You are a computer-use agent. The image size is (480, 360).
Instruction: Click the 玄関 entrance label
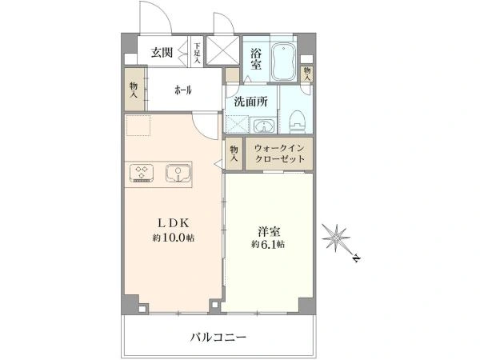[x=163, y=54]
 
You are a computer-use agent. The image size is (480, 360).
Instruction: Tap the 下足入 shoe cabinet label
[x=197, y=52]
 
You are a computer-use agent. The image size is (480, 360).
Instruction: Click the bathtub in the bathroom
[x=285, y=62]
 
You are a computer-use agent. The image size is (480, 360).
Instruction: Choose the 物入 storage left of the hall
[x=134, y=90]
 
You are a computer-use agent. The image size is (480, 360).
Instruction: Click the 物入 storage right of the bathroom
[x=307, y=73]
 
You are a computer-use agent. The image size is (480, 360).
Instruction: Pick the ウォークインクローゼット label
[x=280, y=153]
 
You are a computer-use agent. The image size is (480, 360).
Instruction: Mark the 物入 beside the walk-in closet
[x=234, y=153]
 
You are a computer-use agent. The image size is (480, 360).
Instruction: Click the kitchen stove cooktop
[x=142, y=172]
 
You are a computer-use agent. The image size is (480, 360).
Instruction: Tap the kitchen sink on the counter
[x=178, y=172]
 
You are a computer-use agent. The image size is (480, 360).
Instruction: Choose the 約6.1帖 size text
[x=266, y=243]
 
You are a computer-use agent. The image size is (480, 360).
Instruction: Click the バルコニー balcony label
[x=218, y=337]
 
